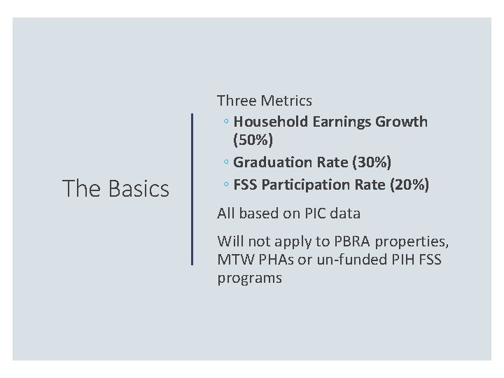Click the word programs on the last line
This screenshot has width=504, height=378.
click(x=249, y=278)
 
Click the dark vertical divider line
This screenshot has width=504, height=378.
click(x=192, y=188)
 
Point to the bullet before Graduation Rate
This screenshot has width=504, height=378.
click(x=227, y=163)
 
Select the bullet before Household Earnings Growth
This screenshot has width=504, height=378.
click(x=227, y=122)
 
